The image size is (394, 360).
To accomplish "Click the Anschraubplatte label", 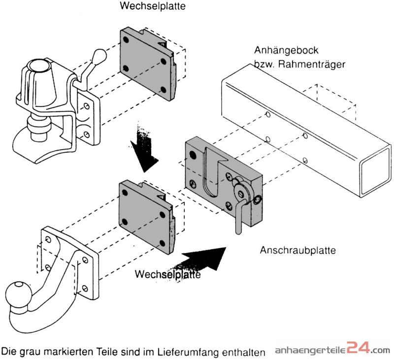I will click(x=297, y=250).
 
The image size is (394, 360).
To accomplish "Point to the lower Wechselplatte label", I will click(x=167, y=274).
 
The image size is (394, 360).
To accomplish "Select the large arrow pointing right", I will click(x=205, y=259).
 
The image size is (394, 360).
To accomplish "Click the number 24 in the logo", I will click(x=359, y=349).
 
